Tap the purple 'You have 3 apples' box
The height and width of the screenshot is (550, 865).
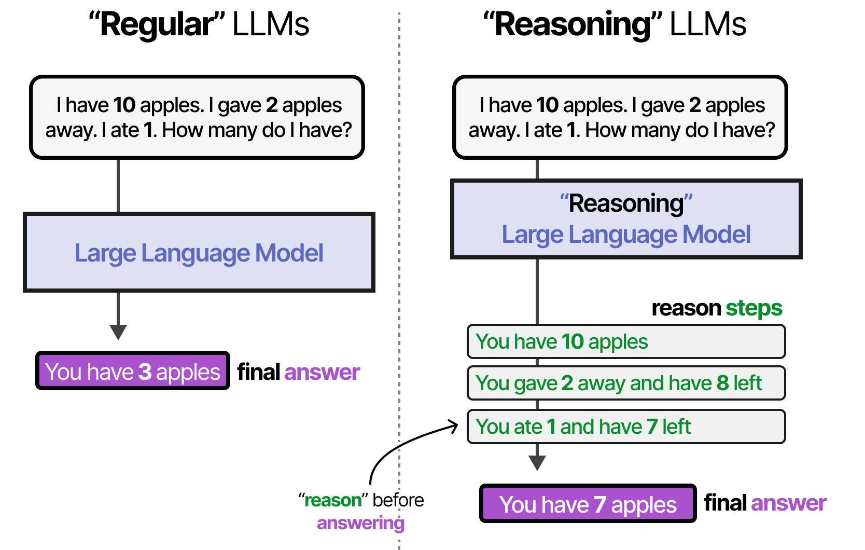pos(132,372)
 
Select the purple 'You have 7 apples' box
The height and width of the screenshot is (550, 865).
pos(587,504)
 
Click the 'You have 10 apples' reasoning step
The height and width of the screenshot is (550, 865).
pos(626,341)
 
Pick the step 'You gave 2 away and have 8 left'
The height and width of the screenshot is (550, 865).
pos(626,383)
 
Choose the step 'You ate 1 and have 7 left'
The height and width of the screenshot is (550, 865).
pos(626,427)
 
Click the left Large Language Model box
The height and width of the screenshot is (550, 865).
pos(199,253)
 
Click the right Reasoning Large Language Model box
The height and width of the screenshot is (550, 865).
pos(626,219)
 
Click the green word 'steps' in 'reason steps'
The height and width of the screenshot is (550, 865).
pos(754,308)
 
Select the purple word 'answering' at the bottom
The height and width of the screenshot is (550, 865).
pos(360,523)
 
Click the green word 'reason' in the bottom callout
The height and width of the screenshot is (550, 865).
pos(332,500)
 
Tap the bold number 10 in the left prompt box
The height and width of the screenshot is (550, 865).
pos(124,105)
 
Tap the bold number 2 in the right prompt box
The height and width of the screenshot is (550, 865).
pos(695,105)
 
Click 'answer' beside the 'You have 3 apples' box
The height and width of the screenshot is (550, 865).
pos(322,372)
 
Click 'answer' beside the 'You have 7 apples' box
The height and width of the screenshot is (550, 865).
pos(788,503)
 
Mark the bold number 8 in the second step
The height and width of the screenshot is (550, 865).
pos(722,383)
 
